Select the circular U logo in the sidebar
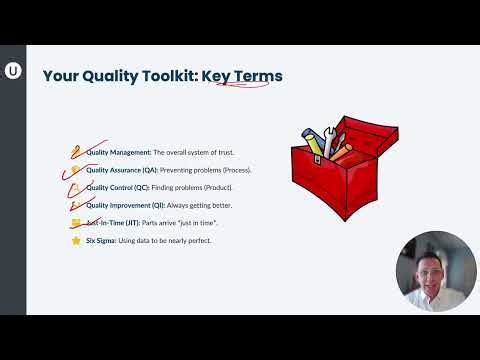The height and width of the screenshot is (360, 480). pyautogui.click(x=13, y=70)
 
